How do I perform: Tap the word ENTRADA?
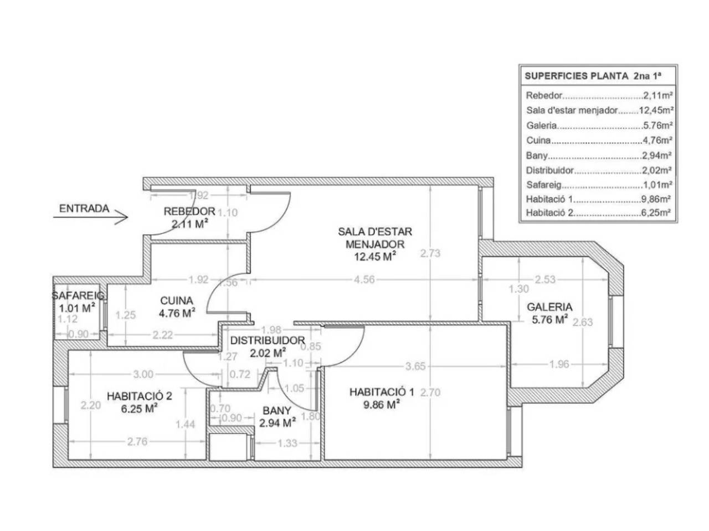[84, 209]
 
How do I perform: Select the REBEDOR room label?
[189, 211]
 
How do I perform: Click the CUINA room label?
[176, 300]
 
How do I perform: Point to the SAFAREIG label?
[78, 295]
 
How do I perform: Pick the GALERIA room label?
[549, 306]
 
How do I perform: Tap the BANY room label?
[277, 410]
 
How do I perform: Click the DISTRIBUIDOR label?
[267, 340]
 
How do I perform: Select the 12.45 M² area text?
[374, 256]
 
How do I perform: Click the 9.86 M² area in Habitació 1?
[382, 404]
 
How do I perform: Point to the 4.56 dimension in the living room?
[364, 279]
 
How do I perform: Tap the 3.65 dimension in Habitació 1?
[415, 366]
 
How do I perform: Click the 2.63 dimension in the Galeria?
[582, 322]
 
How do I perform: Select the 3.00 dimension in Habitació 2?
[143, 374]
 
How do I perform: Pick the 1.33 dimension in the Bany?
[287, 443]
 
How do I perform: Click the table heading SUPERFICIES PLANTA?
[576, 76]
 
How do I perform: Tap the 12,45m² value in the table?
[656, 110]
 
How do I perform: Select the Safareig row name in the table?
[543, 185]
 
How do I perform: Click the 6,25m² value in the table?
[655, 212]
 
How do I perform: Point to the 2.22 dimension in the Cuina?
[162, 335]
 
